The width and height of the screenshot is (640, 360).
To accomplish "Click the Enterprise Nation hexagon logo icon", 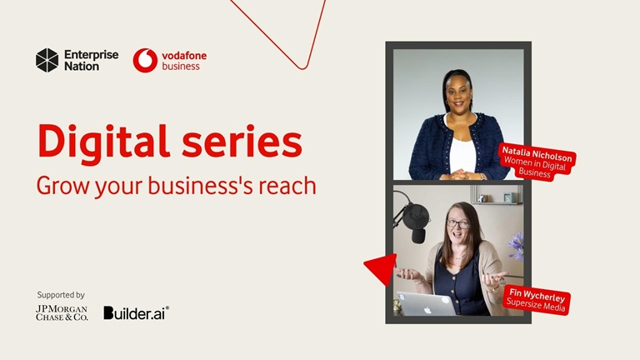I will [x=47, y=60].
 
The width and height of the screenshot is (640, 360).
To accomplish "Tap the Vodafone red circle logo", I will [x=145, y=60].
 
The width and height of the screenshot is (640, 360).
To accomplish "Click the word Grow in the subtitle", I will [x=59, y=185].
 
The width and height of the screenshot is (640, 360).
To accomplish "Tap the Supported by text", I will [x=61, y=295].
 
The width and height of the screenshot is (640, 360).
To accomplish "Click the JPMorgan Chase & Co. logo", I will [x=61, y=312].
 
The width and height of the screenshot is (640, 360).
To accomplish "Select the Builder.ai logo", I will [x=136, y=312].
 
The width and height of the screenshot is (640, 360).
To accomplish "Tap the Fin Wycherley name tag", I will [x=537, y=294].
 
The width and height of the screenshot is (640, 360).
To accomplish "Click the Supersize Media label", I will [x=537, y=305].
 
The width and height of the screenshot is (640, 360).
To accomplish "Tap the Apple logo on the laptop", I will [x=425, y=305].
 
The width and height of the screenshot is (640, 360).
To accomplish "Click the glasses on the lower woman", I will [x=457, y=223].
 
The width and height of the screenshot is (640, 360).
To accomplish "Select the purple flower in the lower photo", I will [x=517, y=247].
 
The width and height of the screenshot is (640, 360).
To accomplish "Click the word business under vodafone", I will [x=181, y=67].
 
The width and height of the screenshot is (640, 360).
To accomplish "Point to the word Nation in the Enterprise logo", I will [x=82, y=66].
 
